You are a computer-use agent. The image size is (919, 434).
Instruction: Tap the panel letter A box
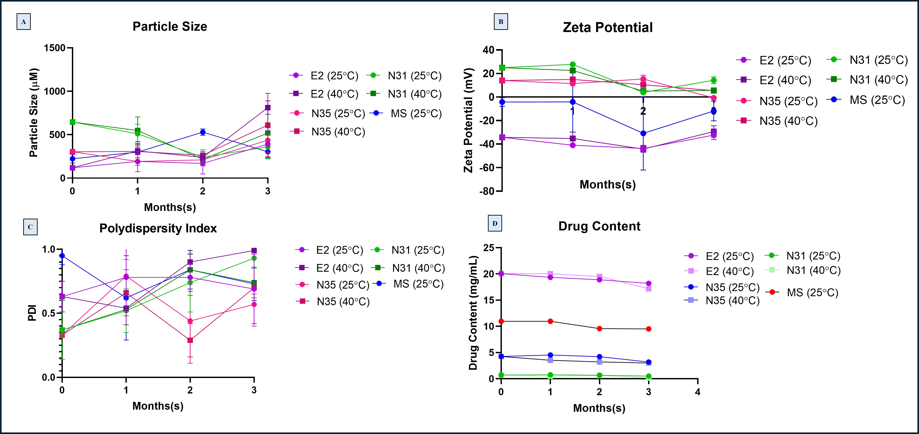coord(23,22)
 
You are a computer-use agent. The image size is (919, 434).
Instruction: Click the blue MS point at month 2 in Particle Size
coord(203,132)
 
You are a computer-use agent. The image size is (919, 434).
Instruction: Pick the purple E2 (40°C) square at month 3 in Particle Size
coord(268,107)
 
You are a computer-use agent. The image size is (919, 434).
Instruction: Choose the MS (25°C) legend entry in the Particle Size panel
coord(407,114)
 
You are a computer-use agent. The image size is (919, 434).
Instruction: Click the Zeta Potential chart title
coord(608,27)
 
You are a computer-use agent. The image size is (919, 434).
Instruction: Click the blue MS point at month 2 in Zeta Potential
coord(643,133)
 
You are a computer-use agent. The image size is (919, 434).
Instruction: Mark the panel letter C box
coord(30,227)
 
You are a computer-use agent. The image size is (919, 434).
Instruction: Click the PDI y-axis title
coord(32,313)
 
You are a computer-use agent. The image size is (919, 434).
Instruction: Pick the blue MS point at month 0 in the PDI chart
coord(62,256)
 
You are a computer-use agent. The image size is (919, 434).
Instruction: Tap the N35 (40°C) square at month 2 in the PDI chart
coord(190,340)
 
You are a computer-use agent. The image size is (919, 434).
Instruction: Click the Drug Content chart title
coord(599,226)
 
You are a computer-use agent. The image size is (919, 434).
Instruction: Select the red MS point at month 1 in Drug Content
coord(551,321)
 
